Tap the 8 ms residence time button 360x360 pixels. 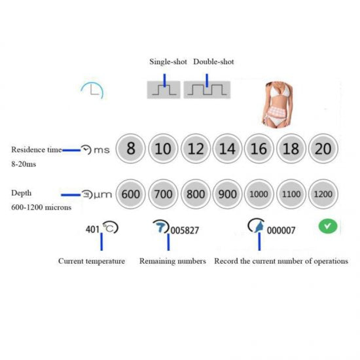(x=131, y=149)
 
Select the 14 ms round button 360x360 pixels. (x=227, y=149)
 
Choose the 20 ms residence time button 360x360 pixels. (x=323, y=149)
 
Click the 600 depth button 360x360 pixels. (x=131, y=194)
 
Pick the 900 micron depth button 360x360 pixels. (x=227, y=194)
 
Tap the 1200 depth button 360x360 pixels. (x=323, y=194)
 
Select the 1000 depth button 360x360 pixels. (x=259, y=194)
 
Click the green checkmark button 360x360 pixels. (x=328, y=226)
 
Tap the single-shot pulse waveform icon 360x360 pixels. (x=164, y=90)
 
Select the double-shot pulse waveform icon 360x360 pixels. (x=207, y=90)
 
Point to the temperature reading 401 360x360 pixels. (x=92, y=229)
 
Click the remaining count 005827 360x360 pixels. (x=185, y=230)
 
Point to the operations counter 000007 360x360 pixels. (x=281, y=230)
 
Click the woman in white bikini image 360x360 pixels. (x=278, y=105)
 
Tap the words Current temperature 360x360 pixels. (x=92, y=261)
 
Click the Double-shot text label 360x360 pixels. (x=213, y=62)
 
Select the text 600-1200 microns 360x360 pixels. (x=41, y=207)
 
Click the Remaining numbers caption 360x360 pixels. (x=173, y=261)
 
